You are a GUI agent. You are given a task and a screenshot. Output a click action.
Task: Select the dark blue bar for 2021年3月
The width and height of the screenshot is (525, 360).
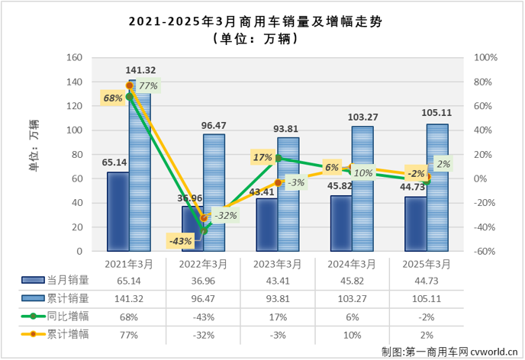click(118, 211)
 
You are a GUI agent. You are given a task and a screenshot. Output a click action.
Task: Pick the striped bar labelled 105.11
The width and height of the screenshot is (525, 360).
click(437, 188)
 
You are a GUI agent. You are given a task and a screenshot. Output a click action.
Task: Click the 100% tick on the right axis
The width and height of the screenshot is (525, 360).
click(485, 58)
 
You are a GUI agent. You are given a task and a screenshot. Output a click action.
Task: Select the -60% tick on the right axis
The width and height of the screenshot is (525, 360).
click(485, 252)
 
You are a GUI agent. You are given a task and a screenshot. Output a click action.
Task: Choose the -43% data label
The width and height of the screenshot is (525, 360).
click(180, 241)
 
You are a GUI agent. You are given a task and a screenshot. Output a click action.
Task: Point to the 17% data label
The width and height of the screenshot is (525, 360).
click(262, 158)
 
